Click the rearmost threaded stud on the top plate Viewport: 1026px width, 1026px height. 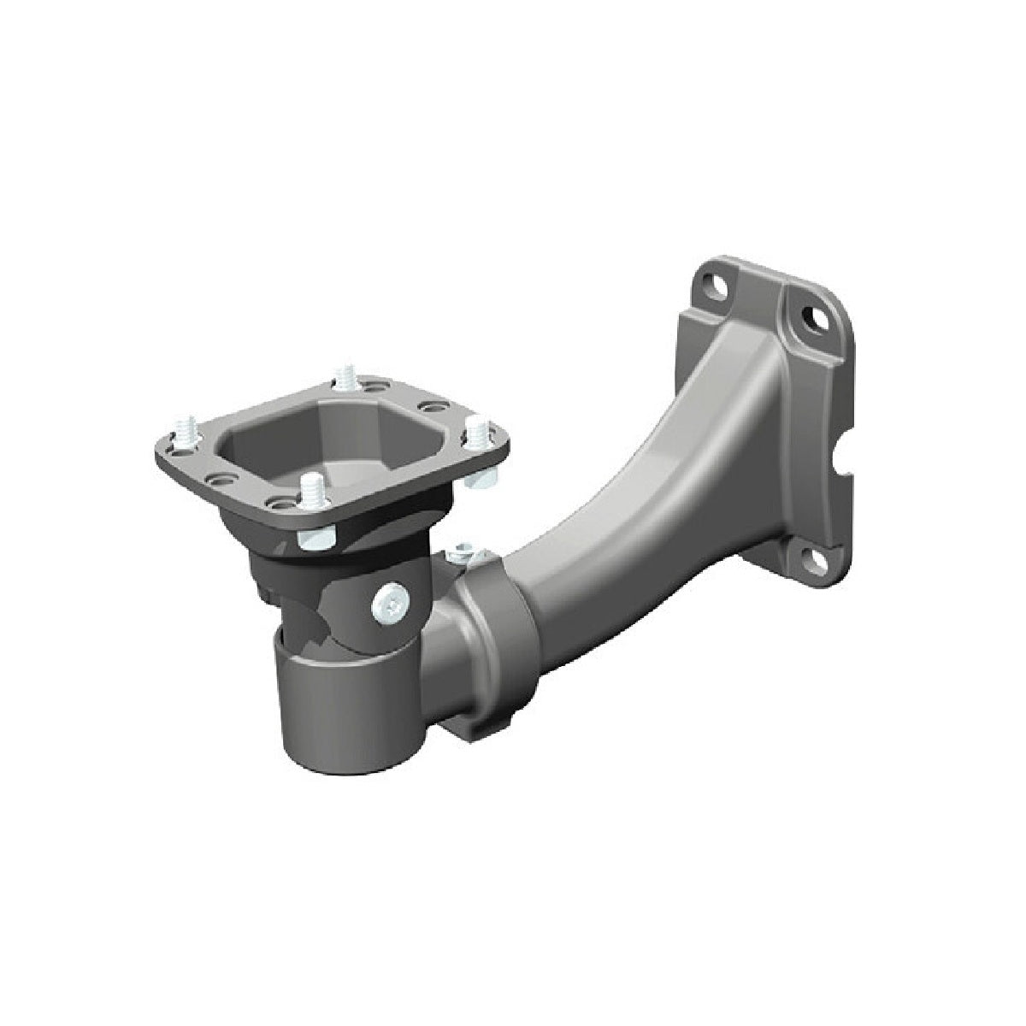pos(345,377)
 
